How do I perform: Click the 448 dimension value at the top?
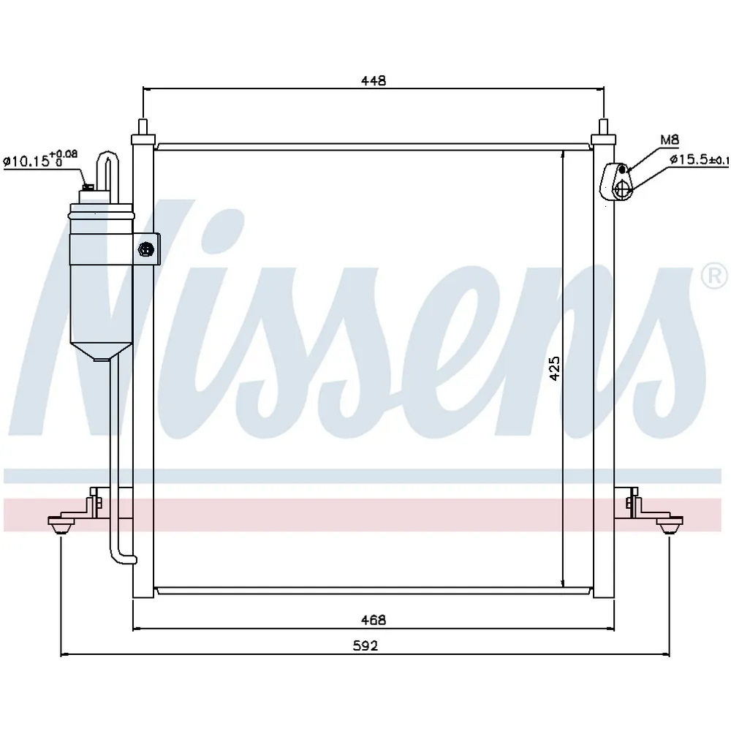pos(374,80)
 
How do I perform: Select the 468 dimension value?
pos(374,620)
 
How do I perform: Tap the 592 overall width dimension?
pos(365,645)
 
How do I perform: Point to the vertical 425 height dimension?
pos(554,368)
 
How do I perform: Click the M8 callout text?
pos(670,140)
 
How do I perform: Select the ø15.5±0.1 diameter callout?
pos(699,159)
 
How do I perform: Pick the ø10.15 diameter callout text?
pos(40,159)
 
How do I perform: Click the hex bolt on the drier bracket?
pos(146,249)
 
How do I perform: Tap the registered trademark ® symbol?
pos(716,276)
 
